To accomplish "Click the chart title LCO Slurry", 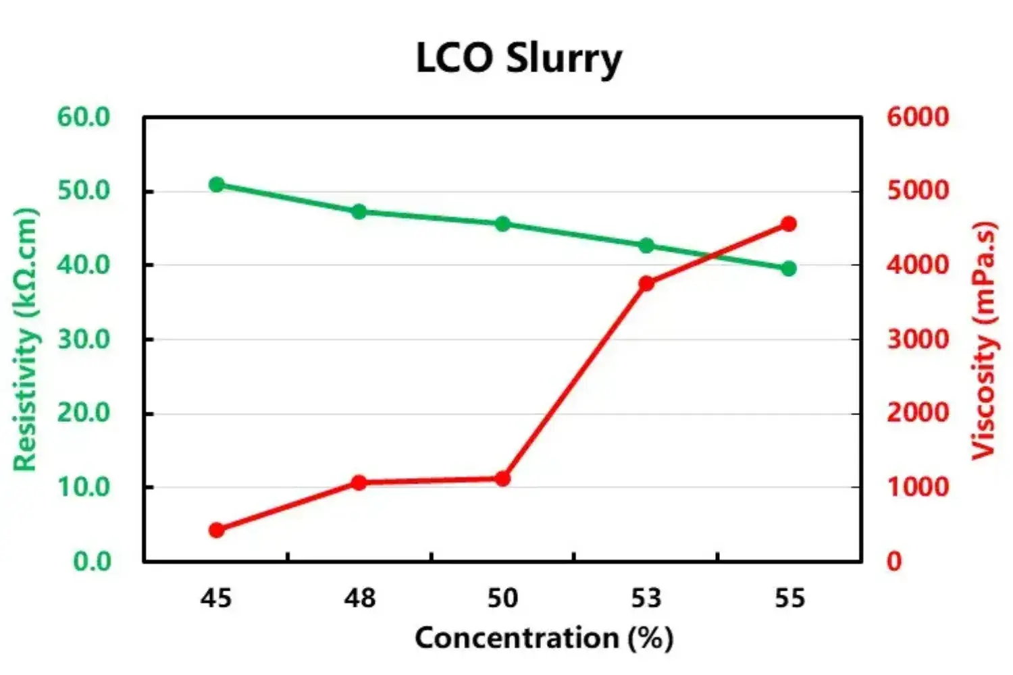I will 518,58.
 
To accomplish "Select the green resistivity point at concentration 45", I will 217,184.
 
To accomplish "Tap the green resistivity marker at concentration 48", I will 359,211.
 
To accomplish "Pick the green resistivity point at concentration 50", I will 502,224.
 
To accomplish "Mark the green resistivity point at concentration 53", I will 646,245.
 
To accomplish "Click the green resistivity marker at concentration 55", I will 789,269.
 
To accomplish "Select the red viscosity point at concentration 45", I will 217,530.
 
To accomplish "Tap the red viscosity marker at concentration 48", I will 359,483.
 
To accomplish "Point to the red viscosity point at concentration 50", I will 502,479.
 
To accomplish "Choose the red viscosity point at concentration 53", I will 646,283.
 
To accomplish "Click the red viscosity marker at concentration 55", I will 789,224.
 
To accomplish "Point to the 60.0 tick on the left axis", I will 83,117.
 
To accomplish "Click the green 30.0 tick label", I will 83,340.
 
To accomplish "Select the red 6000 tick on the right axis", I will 918,117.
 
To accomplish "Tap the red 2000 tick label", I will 918,412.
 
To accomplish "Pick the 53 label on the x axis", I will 646,598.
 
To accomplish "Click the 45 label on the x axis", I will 216,598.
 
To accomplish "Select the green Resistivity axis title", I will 25,340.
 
